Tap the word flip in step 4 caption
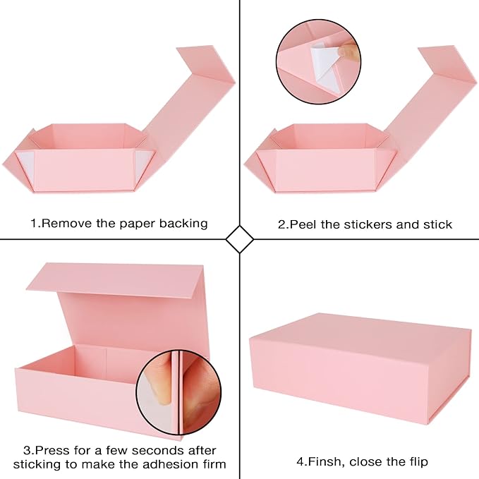pyautogui.click(x=416, y=462)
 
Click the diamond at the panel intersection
pyautogui.click(x=239, y=240)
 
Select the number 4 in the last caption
pyautogui.click(x=301, y=462)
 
